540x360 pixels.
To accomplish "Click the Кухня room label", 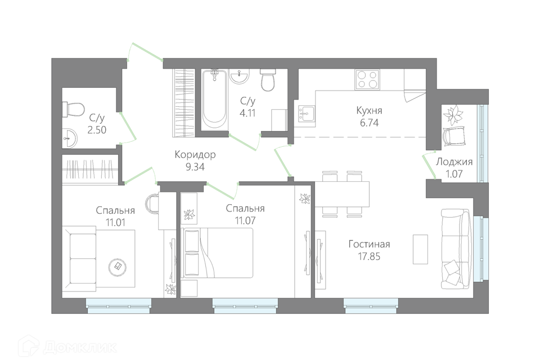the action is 369,111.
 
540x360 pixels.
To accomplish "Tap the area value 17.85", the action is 369,256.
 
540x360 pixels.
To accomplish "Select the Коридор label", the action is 195,155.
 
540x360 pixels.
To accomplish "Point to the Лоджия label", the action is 454,162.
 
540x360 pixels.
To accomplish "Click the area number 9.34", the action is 195,167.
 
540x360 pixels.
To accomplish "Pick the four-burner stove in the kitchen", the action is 367,79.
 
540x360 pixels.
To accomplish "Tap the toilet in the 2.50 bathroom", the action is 73,110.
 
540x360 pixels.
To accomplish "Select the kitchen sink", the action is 306,113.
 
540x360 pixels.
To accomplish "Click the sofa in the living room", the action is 456,249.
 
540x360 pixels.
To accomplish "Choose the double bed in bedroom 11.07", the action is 218,253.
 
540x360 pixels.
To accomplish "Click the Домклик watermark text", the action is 80,347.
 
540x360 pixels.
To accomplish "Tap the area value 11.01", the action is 115,223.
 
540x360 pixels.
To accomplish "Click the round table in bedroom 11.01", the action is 118,266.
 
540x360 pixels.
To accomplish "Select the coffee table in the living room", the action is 420,249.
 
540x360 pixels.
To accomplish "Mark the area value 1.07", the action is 454,174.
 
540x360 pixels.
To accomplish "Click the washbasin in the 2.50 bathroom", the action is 70,138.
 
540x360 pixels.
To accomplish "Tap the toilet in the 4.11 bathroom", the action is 268,80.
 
